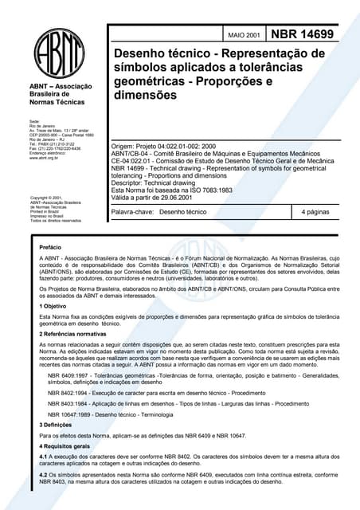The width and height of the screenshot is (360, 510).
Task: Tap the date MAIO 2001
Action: point(243,37)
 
